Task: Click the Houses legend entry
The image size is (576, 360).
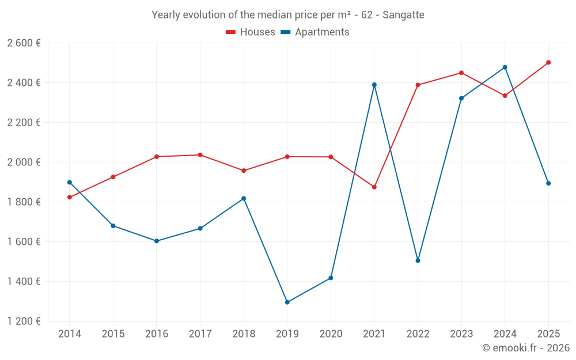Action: [251, 32]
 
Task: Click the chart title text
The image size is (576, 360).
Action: [288, 15]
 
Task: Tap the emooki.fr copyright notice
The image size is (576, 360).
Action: [526, 347]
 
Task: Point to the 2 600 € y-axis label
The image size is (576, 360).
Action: [24, 43]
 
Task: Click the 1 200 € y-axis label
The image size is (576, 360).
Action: [24, 321]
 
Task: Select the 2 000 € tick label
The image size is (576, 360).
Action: [24, 162]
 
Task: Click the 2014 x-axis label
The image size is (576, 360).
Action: [70, 334]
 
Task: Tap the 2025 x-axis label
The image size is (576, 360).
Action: [548, 334]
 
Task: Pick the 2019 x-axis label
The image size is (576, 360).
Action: [287, 334]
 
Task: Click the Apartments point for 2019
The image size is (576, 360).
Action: [287, 302]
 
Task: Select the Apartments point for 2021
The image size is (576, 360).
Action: [374, 85]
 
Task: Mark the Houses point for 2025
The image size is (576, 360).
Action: [548, 62]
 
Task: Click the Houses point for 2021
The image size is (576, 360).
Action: [374, 187]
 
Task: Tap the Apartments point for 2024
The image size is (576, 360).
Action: [505, 67]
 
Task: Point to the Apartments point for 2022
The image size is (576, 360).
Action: [418, 260]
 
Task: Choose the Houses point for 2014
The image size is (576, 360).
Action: [70, 198]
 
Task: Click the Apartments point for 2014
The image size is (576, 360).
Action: [70, 182]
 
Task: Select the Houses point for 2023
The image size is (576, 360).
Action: [461, 73]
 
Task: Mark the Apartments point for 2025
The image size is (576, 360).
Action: [548, 183]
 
